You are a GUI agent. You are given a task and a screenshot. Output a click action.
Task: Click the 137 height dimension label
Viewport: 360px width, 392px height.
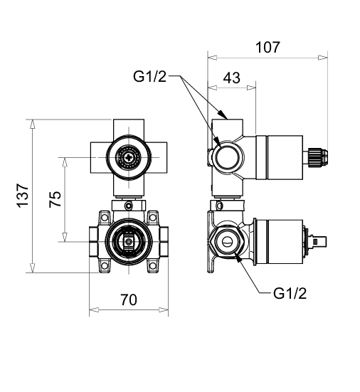click(x=23, y=196)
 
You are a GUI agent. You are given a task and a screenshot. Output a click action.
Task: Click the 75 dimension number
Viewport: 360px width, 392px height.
click(x=55, y=199)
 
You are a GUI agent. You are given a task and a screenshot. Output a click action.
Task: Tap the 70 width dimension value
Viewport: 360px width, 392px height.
click(x=129, y=300)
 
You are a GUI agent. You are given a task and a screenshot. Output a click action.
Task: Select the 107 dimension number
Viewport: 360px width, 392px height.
click(x=268, y=47)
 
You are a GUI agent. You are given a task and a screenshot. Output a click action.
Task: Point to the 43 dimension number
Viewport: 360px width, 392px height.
click(x=232, y=78)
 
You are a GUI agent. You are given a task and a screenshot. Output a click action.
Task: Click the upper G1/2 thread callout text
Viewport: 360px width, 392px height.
click(x=149, y=76)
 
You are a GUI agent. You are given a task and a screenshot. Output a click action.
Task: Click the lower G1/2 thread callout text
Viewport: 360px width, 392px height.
click(x=290, y=293)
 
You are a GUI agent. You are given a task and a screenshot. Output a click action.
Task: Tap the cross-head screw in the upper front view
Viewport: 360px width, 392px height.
click(x=129, y=157)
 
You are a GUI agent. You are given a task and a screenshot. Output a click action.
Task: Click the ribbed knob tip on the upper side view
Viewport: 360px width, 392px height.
click(x=318, y=157)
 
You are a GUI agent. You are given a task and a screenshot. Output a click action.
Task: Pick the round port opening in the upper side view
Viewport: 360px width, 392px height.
click(x=228, y=157)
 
